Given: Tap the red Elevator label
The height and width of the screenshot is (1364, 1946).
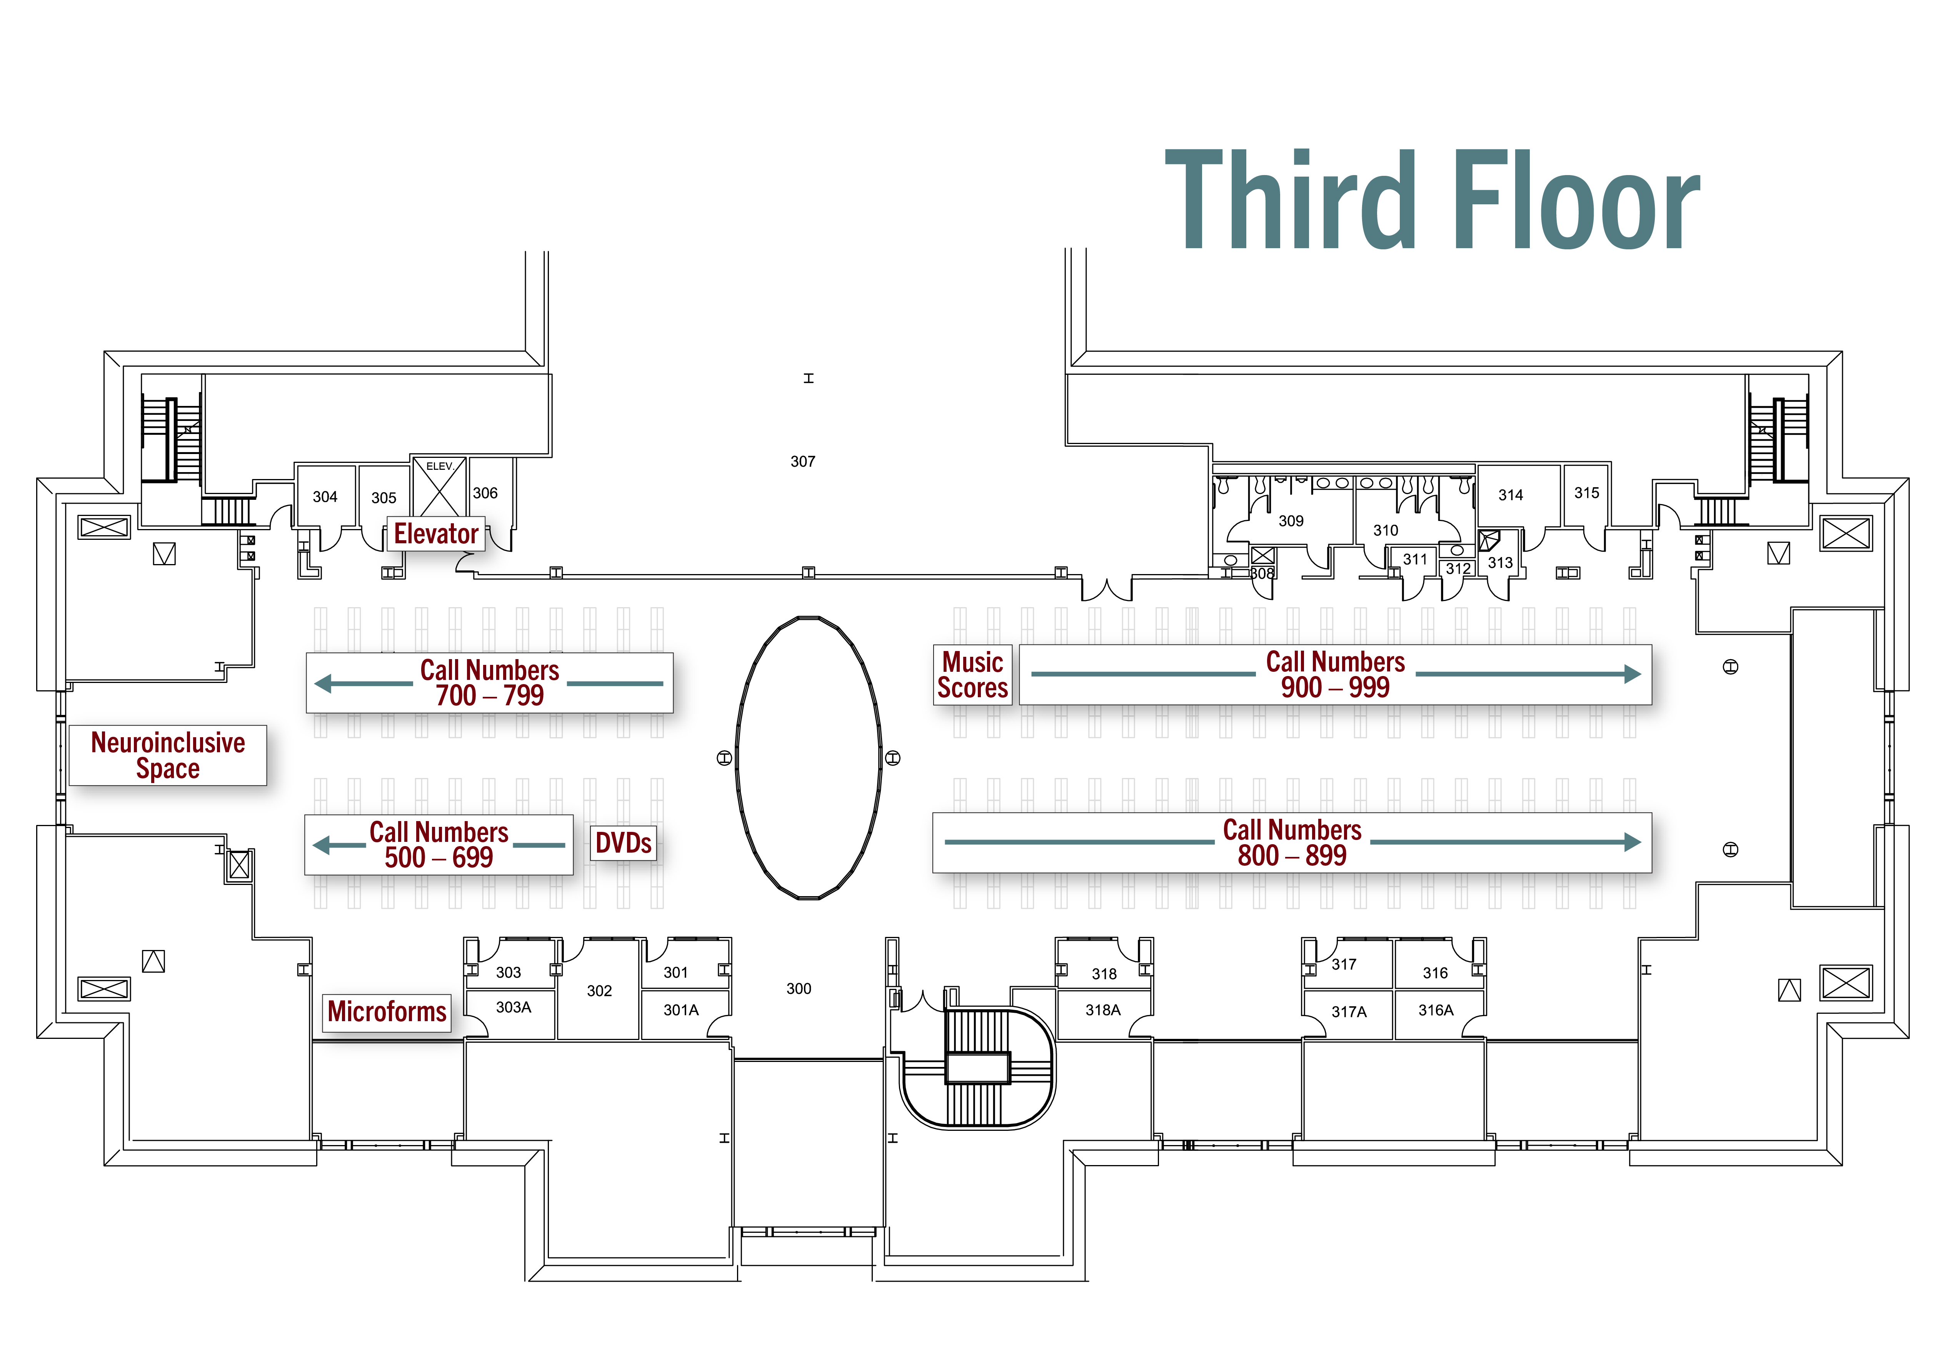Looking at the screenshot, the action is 436,534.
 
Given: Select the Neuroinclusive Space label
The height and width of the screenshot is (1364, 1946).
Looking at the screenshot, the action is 168,755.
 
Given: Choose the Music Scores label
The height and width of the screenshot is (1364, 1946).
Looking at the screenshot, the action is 973,675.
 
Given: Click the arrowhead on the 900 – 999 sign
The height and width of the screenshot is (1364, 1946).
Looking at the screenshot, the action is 1633,674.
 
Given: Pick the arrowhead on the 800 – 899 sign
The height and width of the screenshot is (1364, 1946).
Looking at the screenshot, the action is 1633,842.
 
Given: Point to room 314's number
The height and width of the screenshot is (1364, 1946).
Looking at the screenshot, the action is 1510,495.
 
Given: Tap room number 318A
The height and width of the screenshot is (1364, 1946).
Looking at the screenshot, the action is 1103,1010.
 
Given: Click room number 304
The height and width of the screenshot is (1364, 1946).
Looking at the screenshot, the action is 325,497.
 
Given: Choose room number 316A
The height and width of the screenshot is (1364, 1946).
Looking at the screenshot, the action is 1436,1010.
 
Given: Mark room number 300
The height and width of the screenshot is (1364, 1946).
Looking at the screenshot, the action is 799,988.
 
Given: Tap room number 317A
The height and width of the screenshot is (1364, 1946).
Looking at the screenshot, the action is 1349,1011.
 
